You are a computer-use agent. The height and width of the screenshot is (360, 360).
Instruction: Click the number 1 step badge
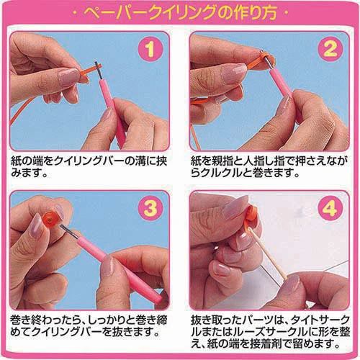pos(150,50)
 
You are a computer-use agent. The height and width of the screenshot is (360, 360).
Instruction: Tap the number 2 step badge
pos(330,50)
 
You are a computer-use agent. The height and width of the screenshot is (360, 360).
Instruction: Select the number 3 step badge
pos(150,208)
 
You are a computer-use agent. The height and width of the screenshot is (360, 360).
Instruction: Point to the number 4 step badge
pos(330,208)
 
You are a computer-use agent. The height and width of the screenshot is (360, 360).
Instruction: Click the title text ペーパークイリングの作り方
pos(180,12)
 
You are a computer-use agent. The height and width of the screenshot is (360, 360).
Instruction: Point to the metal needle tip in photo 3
pos(70,232)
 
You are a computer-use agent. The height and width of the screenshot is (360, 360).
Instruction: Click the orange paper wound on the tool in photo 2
pos(262,58)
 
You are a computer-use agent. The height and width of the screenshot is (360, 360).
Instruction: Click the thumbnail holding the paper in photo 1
pos(69,77)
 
